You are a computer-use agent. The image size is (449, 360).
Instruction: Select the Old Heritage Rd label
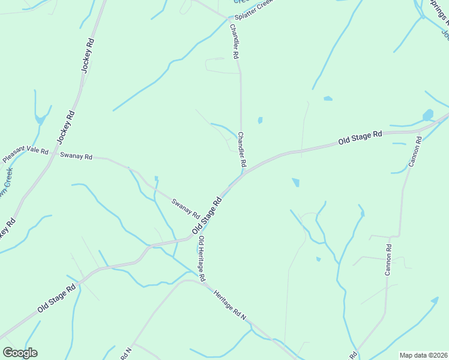pyautogui.click(x=202, y=259)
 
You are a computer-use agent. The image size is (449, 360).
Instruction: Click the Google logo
pyautogui.click(x=20, y=353)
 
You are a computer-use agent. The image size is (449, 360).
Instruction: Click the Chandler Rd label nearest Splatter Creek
pyautogui.click(x=235, y=41)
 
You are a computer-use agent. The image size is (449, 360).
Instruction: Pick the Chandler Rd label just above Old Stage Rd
pyautogui.click(x=242, y=149)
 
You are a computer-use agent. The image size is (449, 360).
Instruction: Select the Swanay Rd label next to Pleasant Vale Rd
pyautogui.click(x=76, y=156)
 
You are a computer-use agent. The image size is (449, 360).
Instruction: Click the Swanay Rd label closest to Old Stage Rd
pyautogui.click(x=185, y=208)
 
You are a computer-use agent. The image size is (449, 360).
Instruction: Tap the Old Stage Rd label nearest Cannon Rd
pyautogui.click(x=360, y=137)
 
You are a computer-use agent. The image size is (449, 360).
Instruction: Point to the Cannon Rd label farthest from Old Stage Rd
pyautogui.click(x=388, y=260)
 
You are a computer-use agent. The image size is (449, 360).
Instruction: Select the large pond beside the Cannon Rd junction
pyautogui.click(x=428, y=115)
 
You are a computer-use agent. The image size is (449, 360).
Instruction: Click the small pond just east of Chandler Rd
pyautogui.click(x=260, y=120)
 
